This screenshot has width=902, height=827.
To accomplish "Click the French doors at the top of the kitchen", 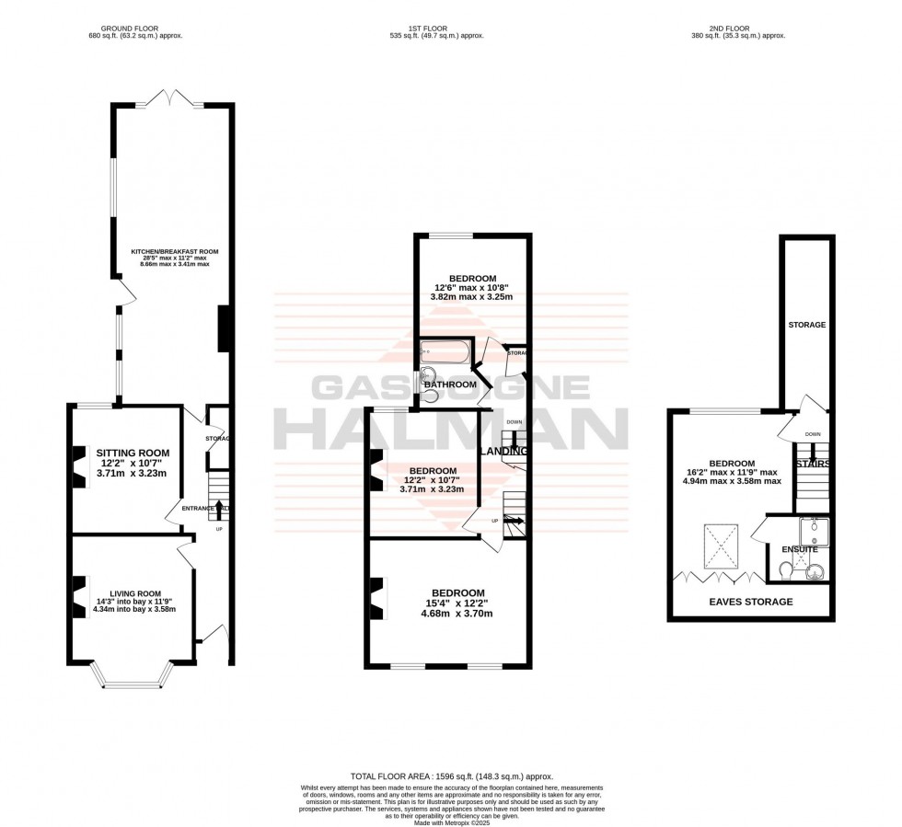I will (x=172, y=97).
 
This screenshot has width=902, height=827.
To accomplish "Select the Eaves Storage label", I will (x=750, y=602).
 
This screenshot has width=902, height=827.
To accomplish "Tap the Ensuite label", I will (x=800, y=549).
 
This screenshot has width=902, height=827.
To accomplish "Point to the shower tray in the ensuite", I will (x=814, y=530).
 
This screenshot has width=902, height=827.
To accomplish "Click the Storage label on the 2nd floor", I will (x=806, y=325).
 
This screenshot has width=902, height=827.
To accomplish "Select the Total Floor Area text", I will (x=450, y=776).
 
